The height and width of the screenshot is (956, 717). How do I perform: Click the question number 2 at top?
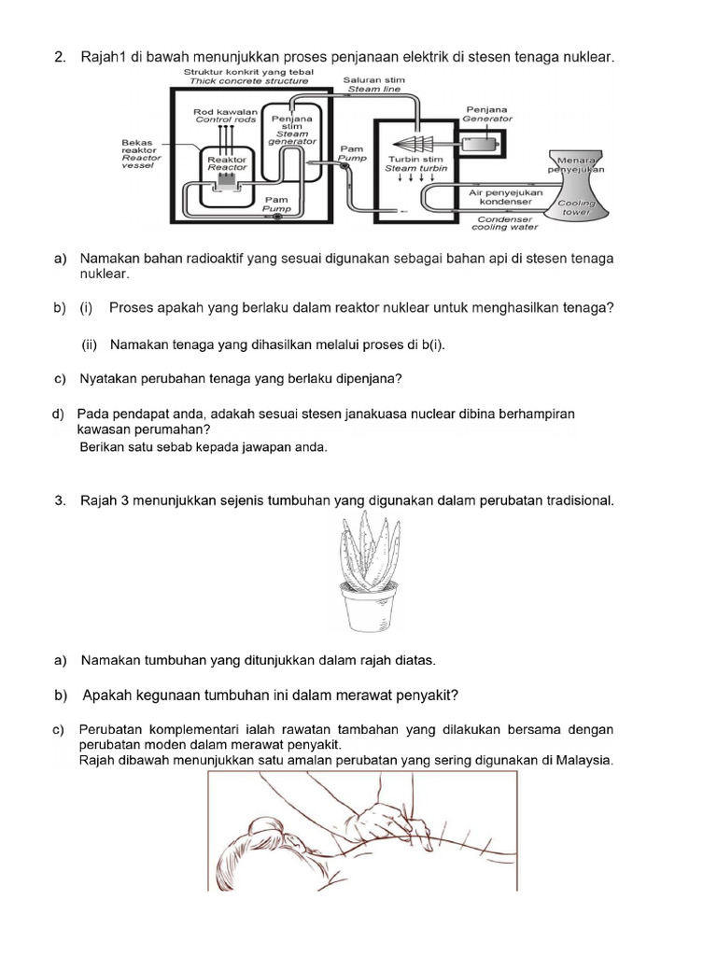(x=60, y=58)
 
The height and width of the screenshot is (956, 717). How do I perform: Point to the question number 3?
(x=60, y=501)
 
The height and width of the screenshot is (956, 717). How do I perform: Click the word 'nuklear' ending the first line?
(x=587, y=58)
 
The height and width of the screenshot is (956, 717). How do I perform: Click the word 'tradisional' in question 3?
(x=576, y=501)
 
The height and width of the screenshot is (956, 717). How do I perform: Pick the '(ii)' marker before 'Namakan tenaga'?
(x=91, y=344)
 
